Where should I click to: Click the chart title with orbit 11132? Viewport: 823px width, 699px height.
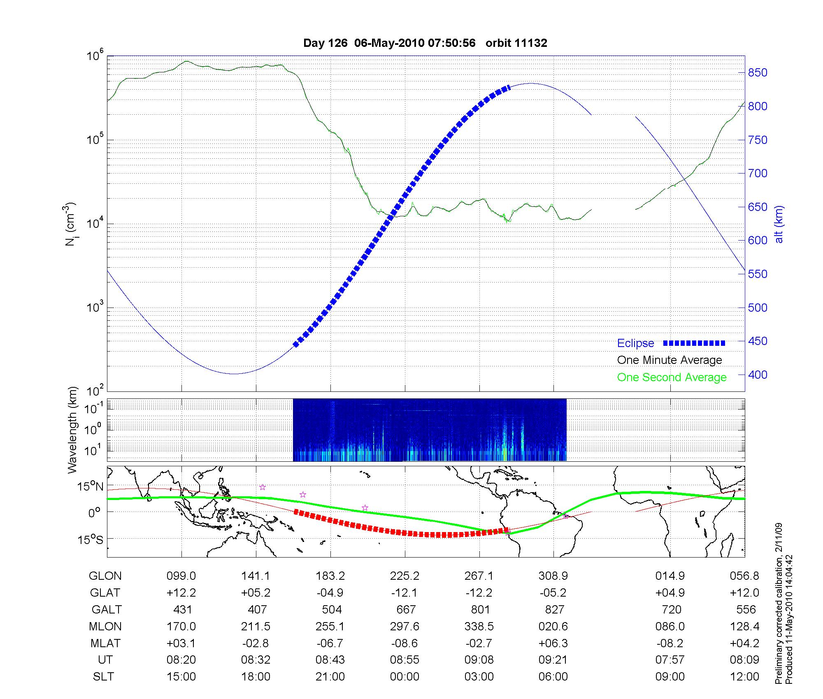pos(425,43)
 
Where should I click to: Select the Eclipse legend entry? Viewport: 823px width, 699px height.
pos(635,343)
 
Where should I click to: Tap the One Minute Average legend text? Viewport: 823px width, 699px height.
pos(670,360)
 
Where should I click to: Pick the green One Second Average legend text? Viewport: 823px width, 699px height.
pos(672,377)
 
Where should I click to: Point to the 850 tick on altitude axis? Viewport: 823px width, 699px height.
pos(758,73)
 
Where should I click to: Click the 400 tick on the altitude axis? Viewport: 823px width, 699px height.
pos(758,375)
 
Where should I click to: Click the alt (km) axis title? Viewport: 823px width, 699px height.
pos(779,224)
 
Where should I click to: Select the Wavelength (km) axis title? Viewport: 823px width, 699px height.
pos(72,430)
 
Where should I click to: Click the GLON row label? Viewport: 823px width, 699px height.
pos(105,576)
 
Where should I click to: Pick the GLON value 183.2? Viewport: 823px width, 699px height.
pos(330,576)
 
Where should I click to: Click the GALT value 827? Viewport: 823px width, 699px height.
pos(554,609)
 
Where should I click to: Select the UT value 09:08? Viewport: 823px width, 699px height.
pos(479,660)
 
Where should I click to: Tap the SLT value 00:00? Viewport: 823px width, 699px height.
pos(405,677)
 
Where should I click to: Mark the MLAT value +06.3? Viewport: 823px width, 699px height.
pos(553,643)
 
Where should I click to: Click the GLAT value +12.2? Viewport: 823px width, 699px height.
pos(181,593)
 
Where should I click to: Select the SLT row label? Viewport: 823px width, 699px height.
pos(103,677)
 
